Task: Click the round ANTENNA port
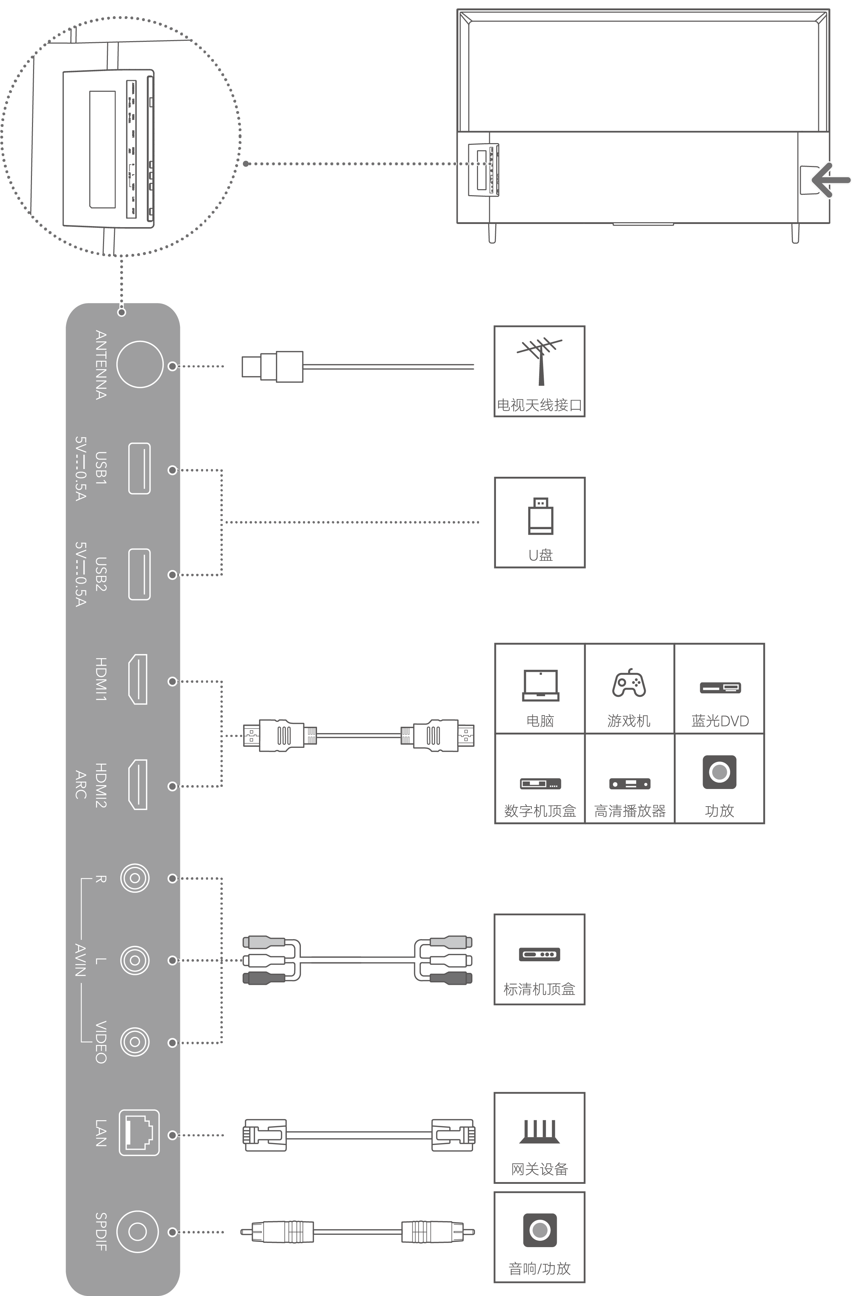tap(140, 364)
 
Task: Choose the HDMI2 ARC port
tap(137, 785)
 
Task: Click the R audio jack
tap(135, 878)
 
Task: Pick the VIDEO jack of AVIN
tap(135, 1042)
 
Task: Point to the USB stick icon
tap(541, 516)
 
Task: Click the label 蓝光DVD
tap(720, 721)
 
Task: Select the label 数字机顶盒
tap(540, 811)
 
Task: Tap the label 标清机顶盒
tap(539, 989)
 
